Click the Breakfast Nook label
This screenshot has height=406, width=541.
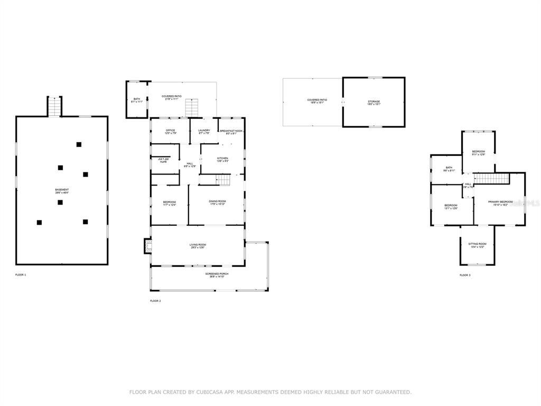coord(231,132)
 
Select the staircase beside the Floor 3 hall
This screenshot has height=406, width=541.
coord(491,178)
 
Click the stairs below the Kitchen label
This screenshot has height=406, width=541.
coord(223,180)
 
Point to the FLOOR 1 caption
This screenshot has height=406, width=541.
coord(21,275)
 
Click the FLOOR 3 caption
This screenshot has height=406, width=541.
coord(465,275)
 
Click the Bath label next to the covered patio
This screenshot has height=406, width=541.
coord(136,100)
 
